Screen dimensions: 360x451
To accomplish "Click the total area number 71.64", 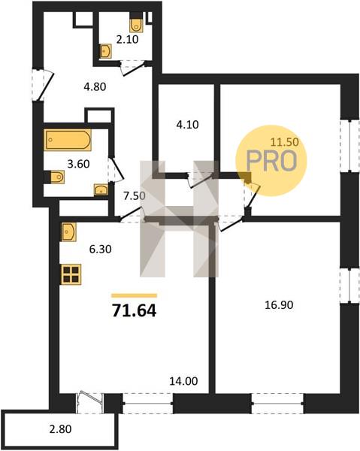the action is pos(135,310).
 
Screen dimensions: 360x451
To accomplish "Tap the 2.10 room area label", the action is pos(127,39).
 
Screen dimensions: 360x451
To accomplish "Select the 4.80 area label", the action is pos(95,86).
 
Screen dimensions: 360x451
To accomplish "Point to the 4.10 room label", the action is pos(187,125).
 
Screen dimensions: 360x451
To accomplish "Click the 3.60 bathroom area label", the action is pos(78,164).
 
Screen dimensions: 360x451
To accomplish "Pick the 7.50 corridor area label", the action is pos(135,196).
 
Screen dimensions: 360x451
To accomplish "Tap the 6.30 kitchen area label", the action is pos(101,249).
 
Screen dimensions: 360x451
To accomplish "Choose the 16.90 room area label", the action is pos(279,305).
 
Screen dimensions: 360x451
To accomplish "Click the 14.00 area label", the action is pos(183,381).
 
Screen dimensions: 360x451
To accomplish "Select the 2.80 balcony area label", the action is pos(60,429).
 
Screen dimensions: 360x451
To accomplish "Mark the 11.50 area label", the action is pos(285,141).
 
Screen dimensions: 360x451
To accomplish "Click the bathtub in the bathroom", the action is pos(68,140).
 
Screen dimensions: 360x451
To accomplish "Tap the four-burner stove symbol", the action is pos(71,274).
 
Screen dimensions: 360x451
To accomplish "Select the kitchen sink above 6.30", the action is pos(68,232).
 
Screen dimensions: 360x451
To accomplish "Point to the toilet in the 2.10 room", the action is pos(136,24).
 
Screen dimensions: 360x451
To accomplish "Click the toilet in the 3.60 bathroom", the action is pos(57,177).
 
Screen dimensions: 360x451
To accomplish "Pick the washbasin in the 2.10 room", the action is pos(105,51).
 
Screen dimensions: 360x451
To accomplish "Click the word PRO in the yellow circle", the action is pos(271,161).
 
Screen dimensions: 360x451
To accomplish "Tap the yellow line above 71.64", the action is pos(135,295).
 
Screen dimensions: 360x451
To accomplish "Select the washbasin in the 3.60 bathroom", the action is pos(101,189).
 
